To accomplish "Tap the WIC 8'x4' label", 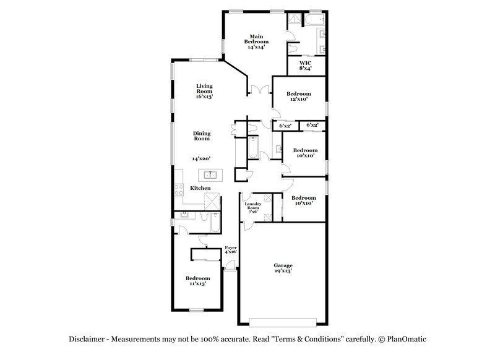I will [305, 66].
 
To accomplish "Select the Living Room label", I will [204, 91].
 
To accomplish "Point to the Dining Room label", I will [202, 136].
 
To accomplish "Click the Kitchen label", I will [200, 188].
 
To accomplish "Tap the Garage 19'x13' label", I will [283, 268].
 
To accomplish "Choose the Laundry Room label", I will [252, 208].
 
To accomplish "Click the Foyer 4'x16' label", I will [231, 249].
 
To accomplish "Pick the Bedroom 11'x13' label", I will [198, 281].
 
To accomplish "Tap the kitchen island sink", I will [210, 174].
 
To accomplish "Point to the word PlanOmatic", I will [408, 340].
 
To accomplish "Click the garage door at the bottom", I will [282, 322].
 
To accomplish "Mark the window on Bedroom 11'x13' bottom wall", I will [197, 309].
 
